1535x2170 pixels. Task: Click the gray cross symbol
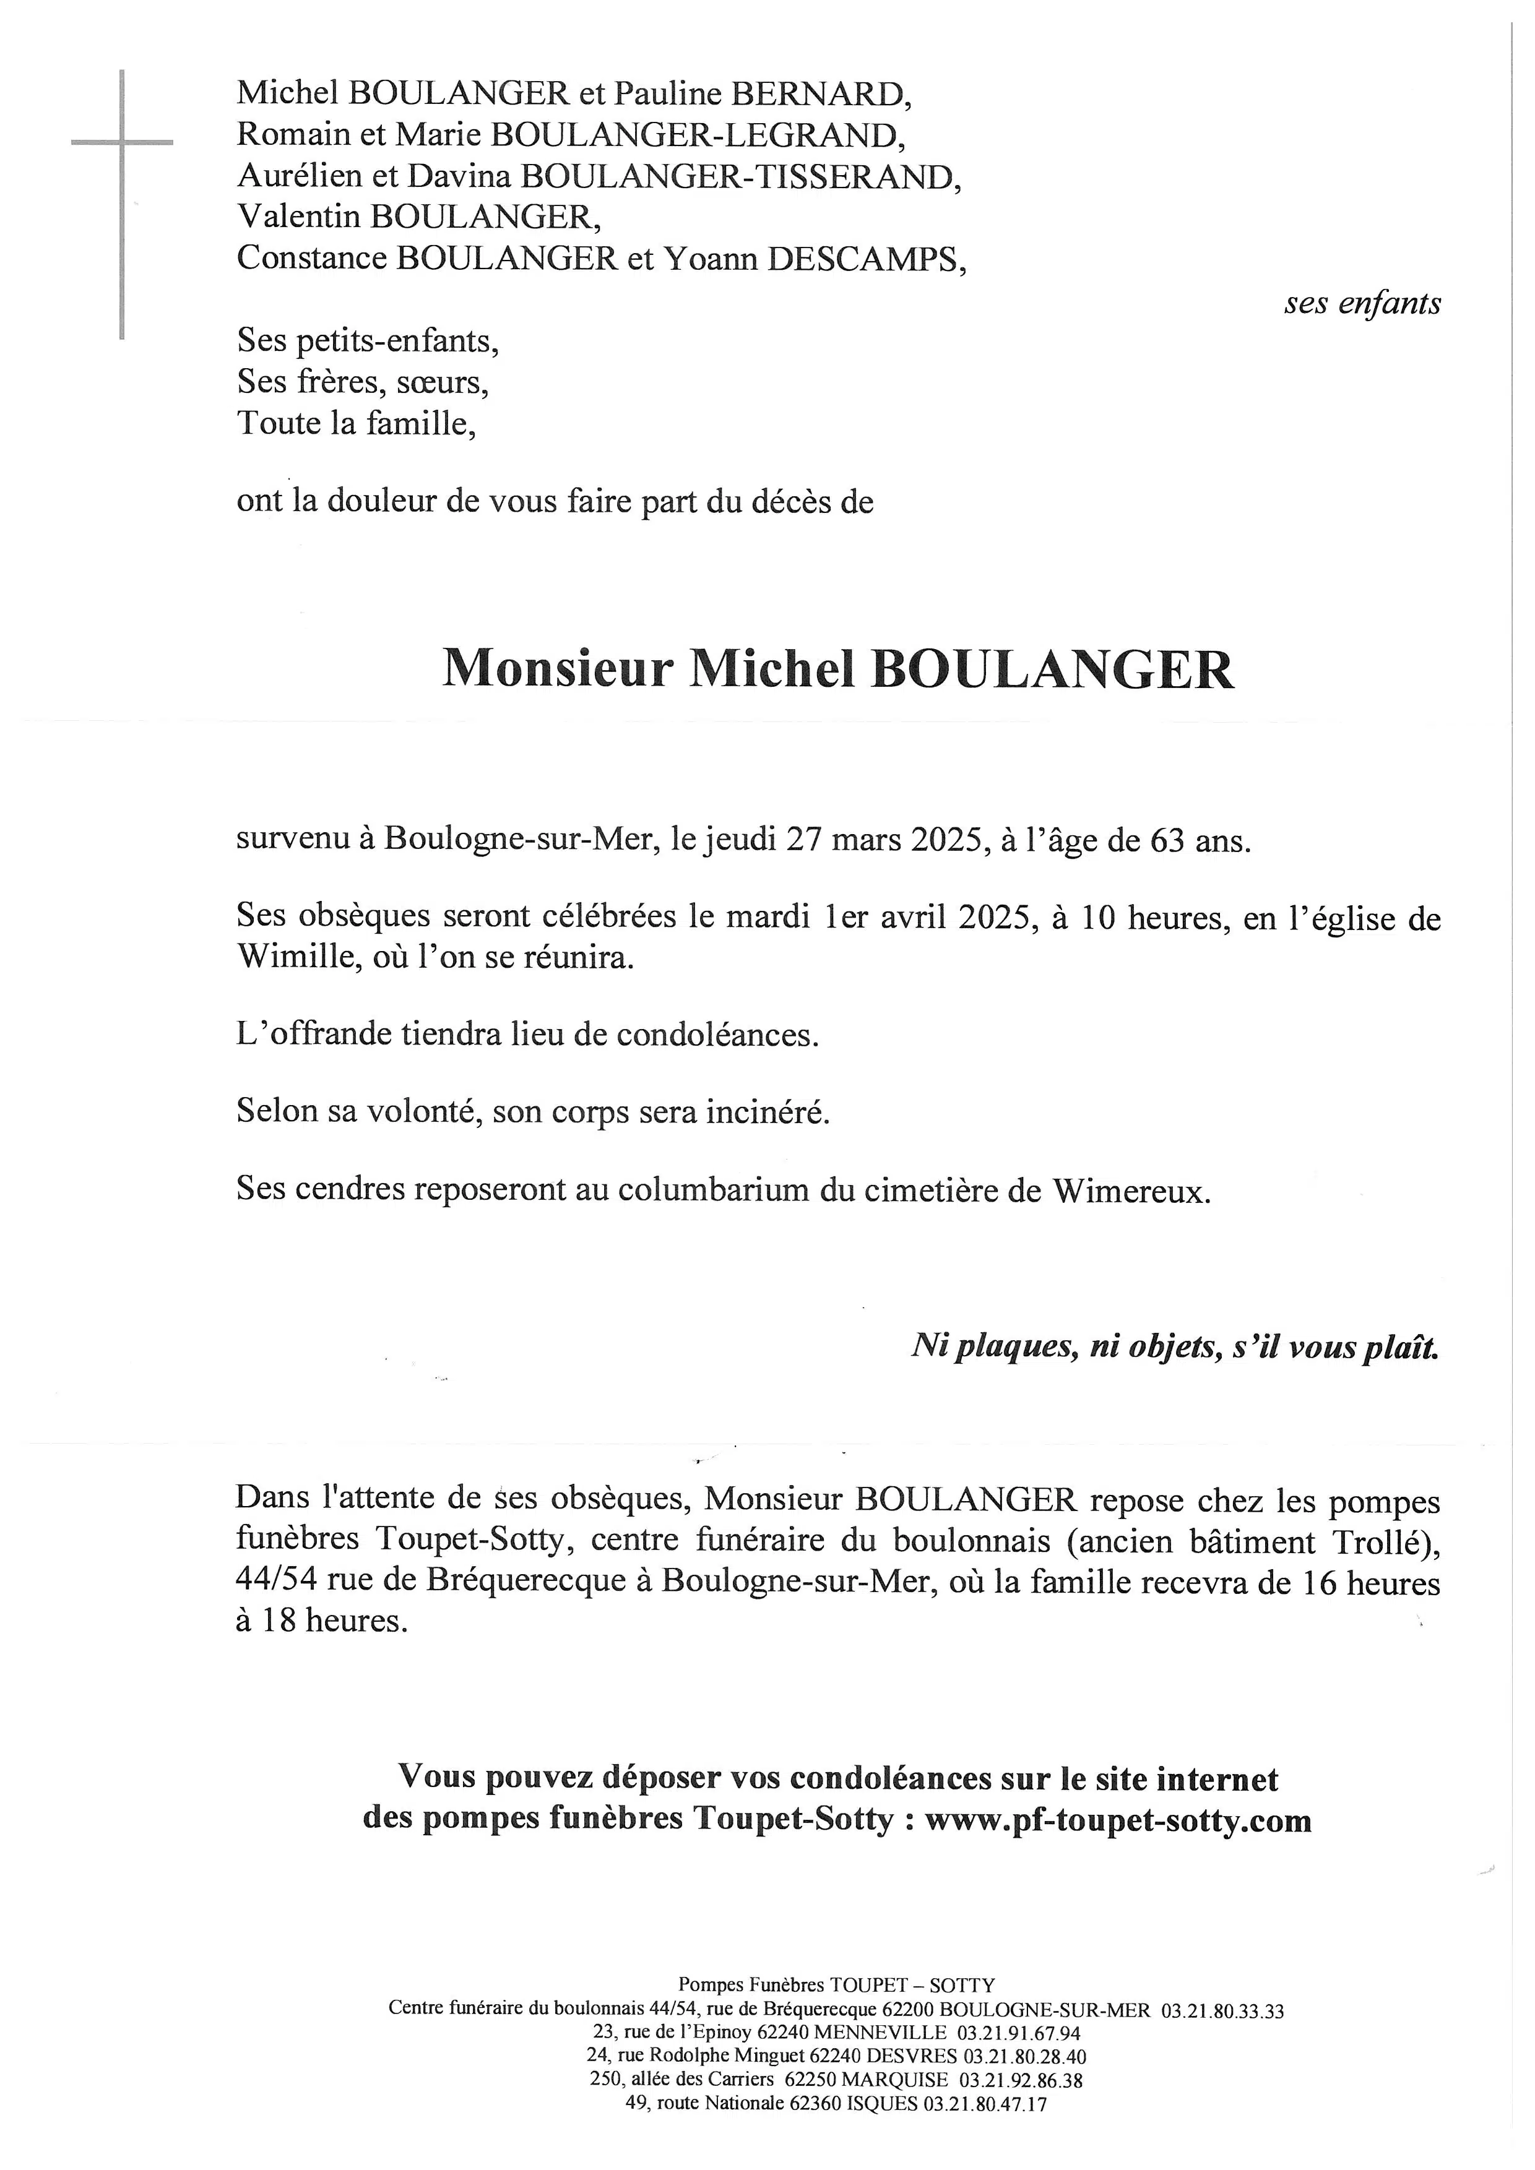coord(122,144)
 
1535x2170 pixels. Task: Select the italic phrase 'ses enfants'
coord(1363,303)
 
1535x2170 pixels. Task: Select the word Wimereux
coord(1130,1189)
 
